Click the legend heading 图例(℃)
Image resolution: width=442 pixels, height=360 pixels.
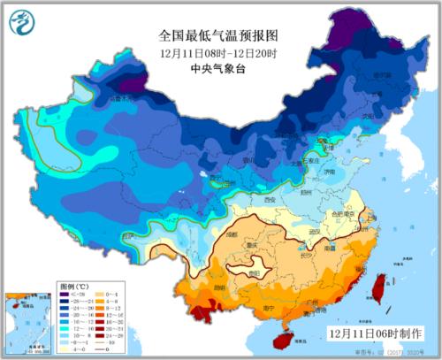(74, 288)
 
